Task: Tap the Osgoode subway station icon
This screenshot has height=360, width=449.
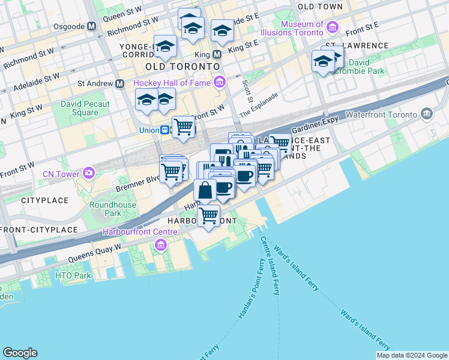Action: (x=92, y=26)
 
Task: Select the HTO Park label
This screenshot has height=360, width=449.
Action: (x=73, y=275)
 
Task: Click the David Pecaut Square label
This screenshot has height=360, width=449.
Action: (x=85, y=108)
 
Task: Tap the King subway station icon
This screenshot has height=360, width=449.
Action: (x=217, y=54)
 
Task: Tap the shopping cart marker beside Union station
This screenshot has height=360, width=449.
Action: (x=182, y=127)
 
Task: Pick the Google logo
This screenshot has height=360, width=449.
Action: (x=20, y=353)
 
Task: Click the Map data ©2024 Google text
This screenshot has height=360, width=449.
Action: (x=412, y=355)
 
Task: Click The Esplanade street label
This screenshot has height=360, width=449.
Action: (x=259, y=104)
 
